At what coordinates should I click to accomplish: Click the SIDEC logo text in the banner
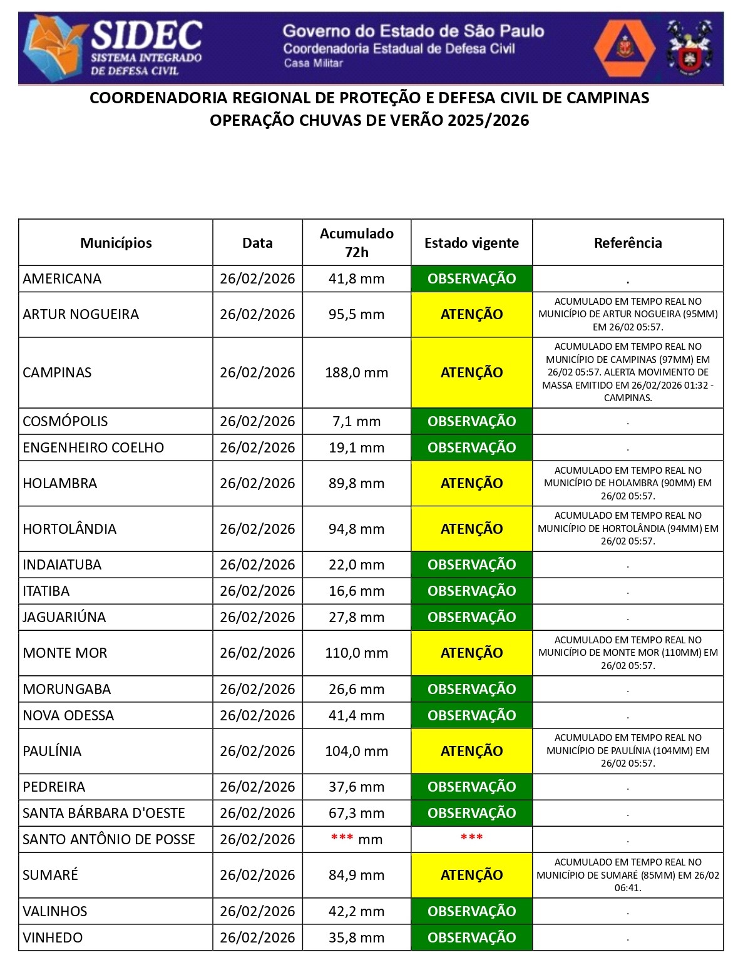click(x=147, y=34)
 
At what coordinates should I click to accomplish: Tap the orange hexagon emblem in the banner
click(x=623, y=48)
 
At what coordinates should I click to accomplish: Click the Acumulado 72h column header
click(x=356, y=243)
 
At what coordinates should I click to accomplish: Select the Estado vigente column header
click(x=471, y=243)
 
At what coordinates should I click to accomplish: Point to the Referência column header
click(x=627, y=243)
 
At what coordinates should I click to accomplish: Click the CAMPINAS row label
click(x=57, y=372)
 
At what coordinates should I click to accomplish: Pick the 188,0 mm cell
click(x=356, y=372)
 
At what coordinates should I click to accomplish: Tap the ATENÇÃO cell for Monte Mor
click(x=471, y=653)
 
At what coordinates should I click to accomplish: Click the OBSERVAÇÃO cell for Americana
click(x=471, y=278)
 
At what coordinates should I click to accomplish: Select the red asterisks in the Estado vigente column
click(x=471, y=838)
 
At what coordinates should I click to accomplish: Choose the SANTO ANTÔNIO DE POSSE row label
click(x=109, y=839)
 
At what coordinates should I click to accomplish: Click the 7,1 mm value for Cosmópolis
click(x=356, y=421)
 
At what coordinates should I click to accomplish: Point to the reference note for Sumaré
click(x=627, y=875)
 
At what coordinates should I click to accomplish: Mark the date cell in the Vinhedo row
click(x=257, y=937)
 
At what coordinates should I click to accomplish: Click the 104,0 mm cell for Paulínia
click(x=356, y=751)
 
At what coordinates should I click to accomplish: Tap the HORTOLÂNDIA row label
click(x=69, y=529)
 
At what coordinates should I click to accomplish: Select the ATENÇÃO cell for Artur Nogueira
click(x=471, y=314)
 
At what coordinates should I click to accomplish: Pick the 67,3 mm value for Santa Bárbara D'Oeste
click(x=356, y=813)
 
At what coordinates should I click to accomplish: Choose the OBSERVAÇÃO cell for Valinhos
click(x=471, y=911)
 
